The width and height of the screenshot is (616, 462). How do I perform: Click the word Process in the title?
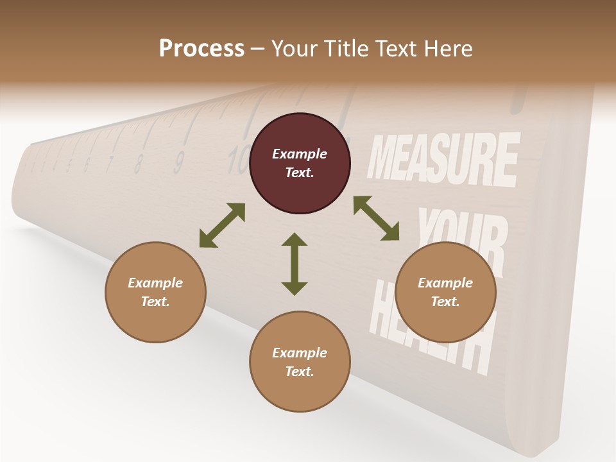coord(201,49)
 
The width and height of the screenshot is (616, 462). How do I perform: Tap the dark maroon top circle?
coord(300,164)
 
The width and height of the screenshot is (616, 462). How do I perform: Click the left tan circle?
coord(155,292)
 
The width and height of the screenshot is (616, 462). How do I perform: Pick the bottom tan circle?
coord(300,361)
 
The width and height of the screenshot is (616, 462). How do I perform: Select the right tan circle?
coord(445,292)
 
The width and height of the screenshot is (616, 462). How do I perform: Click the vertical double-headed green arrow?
coord(295,264)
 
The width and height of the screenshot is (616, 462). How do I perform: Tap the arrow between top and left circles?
coord(222,225)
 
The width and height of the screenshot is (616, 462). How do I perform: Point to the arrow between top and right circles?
coord(376,219)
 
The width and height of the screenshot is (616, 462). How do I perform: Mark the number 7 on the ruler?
coord(110,164)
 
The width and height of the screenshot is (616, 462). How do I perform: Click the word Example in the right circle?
coord(445,283)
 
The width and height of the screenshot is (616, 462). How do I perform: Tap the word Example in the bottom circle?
coord(300,353)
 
